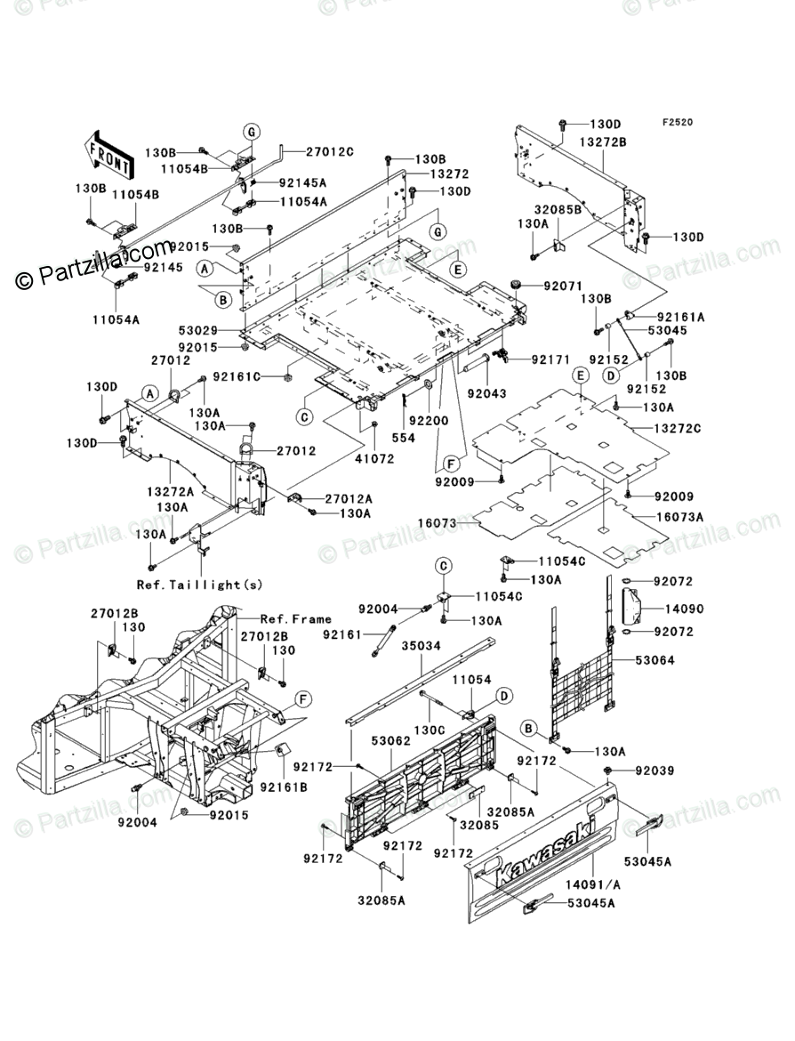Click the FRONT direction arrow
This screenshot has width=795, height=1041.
click(106, 154)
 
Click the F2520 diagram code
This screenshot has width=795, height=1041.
click(677, 123)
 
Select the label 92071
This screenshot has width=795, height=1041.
click(564, 286)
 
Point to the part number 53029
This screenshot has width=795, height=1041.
click(197, 330)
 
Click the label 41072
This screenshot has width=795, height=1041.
click(374, 458)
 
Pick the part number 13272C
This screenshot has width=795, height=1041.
click(677, 429)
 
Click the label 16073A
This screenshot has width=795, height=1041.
click(679, 517)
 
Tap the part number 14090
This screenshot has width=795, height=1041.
click(684, 609)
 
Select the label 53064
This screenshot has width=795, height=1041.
click(654, 660)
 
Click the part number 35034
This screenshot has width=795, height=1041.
click(421, 645)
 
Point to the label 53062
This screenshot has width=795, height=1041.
click(391, 739)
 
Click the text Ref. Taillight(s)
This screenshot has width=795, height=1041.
click(199, 585)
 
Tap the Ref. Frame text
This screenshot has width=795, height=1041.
click(295, 618)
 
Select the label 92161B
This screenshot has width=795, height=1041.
click(284, 787)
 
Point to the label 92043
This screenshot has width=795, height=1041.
click(486, 393)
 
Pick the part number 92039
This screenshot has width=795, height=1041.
click(654, 771)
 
